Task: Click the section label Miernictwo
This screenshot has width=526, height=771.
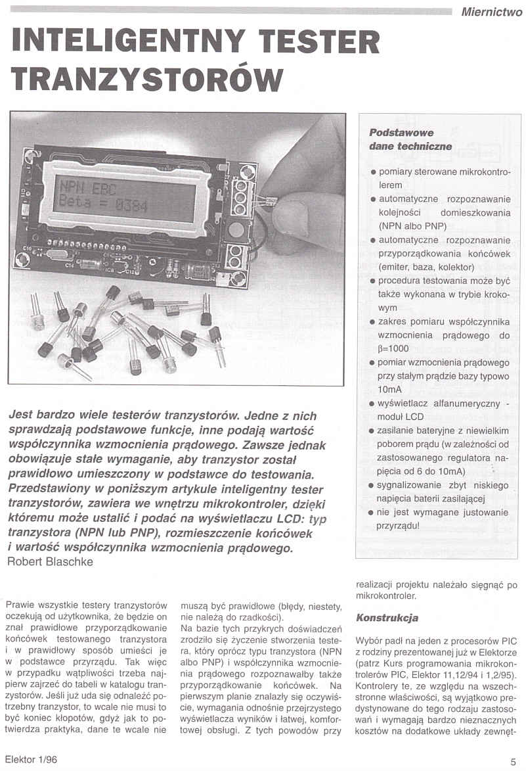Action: tap(492, 11)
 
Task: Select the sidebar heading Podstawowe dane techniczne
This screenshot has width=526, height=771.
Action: tap(410, 139)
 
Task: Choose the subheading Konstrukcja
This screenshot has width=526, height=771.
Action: tap(387, 618)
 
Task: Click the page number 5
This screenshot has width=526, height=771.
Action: tap(513, 762)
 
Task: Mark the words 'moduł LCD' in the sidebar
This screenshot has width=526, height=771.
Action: tap(401, 416)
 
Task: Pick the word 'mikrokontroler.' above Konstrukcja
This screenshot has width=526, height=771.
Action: tap(387, 596)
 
